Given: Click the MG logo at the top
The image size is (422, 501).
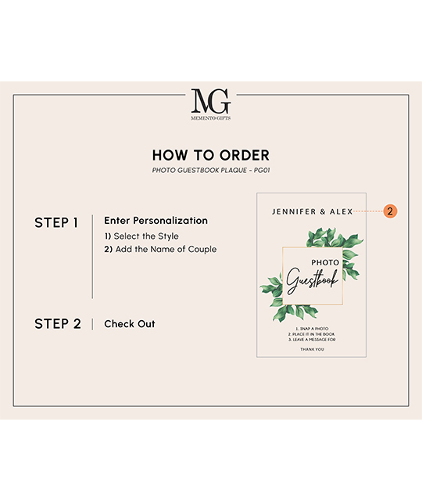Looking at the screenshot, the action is pyautogui.click(x=211, y=101).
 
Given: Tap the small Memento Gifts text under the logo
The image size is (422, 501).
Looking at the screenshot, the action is pyautogui.click(x=211, y=118).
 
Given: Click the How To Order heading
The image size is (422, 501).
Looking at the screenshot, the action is pyautogui.click(x=211, y=155).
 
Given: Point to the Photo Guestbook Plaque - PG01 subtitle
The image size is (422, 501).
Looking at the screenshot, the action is pyautogui.click(x=211, y=171).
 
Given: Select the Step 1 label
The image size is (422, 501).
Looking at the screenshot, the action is pyautogui.click(x=56, y=222).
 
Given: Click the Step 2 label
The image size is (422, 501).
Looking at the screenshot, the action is pyautogui.click(x=58, y=323).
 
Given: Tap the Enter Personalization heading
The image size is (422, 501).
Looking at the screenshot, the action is pyautogui.click(x=156, y=221).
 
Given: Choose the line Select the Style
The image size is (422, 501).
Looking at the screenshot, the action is pyautogui.click(x=141, y=236).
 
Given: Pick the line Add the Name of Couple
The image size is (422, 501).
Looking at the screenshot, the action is pyautogui.click(x=160, y=249).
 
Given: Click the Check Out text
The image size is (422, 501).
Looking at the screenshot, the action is pyautogui.click(x=130, y=323).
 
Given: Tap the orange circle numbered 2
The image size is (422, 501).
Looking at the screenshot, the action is pyautogui.click(x=390, y=211).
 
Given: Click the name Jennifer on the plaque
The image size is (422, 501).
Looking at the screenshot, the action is pyautogui.click(x=294, y=211).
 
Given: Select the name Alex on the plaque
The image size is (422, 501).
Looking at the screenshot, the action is pyautogui.click(x=342, y=211).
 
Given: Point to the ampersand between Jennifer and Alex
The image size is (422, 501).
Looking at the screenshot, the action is pyautogui.click(x=323, y=211).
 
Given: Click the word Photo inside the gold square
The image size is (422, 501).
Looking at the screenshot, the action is pyautogui.click(x=325, y=263).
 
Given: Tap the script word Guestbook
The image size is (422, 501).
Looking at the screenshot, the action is pyautogui.click(x=312, y=280).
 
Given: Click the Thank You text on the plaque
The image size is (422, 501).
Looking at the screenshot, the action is pyautogui.click(x=312, y=349).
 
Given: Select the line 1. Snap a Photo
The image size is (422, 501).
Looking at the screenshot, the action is pyautogui.click(x=312, y=329).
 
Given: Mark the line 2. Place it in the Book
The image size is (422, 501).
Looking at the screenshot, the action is pyautogui.click(x=312, y=334).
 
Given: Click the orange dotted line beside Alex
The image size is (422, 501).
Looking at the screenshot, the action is pyautogui.click(x=368, y=211).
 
